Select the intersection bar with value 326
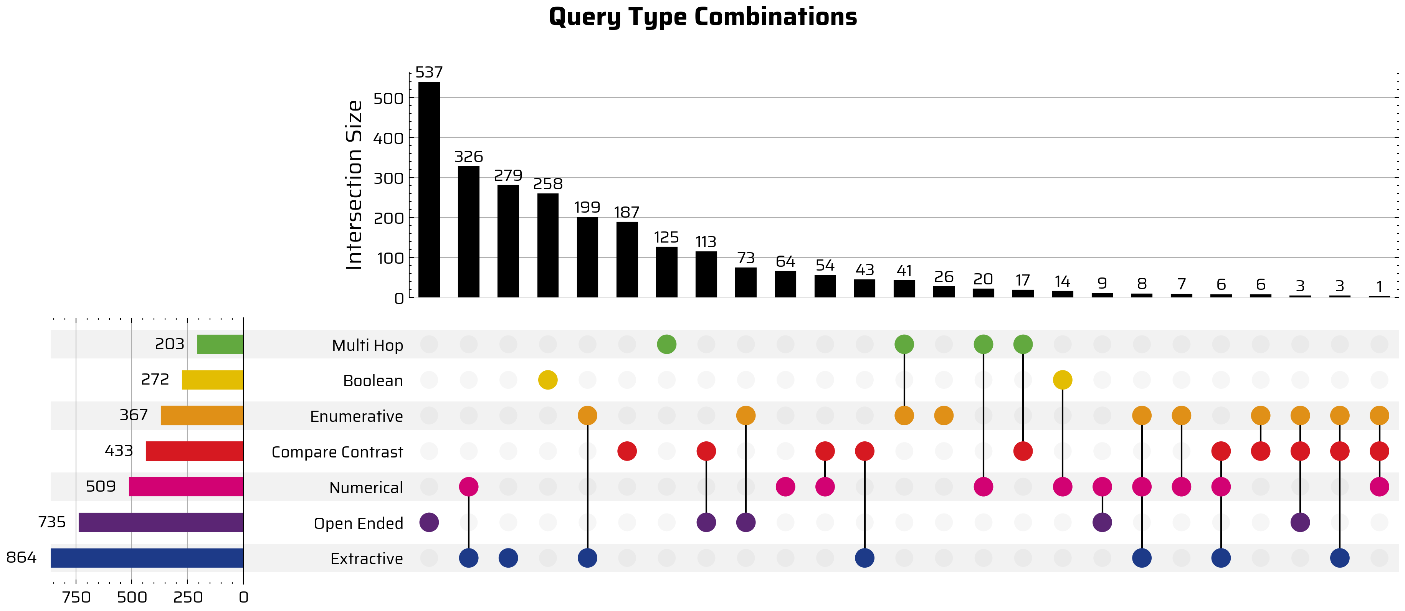(x=468, y=231)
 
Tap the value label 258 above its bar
(x=547, y=184)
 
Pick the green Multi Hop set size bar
(x=220, y=344)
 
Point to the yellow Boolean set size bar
(x=212, y=380)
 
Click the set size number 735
(x=52, y=522)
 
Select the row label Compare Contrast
(x=337, y=452)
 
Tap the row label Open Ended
(x=358, y=523)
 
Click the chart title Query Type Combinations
(x=702, y=17)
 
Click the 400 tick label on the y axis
(x=388, y=139)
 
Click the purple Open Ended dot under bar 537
(x=429, y=522)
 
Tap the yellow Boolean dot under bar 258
(x=547, y=380)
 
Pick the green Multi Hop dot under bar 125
(x=666, y=344)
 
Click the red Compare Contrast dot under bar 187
(x=627, y=451)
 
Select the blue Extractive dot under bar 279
(x=508, y=558)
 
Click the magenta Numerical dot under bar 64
(x=785, y=487)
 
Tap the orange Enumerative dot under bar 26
(x=944, y=416)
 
